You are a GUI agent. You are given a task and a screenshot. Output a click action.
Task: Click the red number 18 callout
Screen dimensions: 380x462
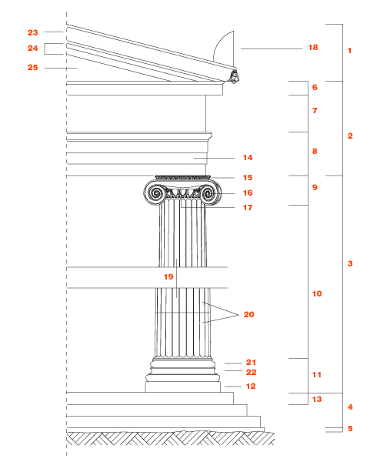313,48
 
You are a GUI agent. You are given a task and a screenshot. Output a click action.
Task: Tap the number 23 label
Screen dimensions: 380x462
32,32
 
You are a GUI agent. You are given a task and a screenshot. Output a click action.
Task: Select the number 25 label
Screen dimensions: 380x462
32,68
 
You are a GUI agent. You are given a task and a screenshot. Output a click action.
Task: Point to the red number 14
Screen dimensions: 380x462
248,158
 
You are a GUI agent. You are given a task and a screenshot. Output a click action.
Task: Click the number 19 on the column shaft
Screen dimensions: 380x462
168,277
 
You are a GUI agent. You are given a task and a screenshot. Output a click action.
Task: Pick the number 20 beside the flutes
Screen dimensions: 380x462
248,315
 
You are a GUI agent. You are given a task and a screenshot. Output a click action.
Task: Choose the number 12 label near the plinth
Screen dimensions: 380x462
251,387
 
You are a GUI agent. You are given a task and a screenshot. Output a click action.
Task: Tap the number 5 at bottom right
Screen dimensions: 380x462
350,428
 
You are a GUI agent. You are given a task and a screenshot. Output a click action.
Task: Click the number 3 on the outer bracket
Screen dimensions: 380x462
350,263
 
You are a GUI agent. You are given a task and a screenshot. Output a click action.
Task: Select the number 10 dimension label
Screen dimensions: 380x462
317,294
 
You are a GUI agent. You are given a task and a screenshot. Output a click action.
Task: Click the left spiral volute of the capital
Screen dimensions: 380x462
155,193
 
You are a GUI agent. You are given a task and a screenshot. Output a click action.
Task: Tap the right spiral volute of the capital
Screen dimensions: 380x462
209,193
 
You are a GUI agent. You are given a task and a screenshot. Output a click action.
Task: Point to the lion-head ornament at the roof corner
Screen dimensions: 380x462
235,76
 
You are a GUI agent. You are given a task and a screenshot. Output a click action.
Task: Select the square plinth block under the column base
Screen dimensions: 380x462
183,387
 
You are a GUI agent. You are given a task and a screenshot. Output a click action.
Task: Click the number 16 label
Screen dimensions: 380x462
248,193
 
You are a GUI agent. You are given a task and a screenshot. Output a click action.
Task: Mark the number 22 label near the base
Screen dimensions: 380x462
251,373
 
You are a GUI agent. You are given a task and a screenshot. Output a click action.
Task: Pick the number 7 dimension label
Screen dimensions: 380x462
315,111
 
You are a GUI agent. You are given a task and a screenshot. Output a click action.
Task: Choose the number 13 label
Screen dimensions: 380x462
317,399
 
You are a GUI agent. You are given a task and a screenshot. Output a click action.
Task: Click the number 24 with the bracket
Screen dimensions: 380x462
32,48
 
